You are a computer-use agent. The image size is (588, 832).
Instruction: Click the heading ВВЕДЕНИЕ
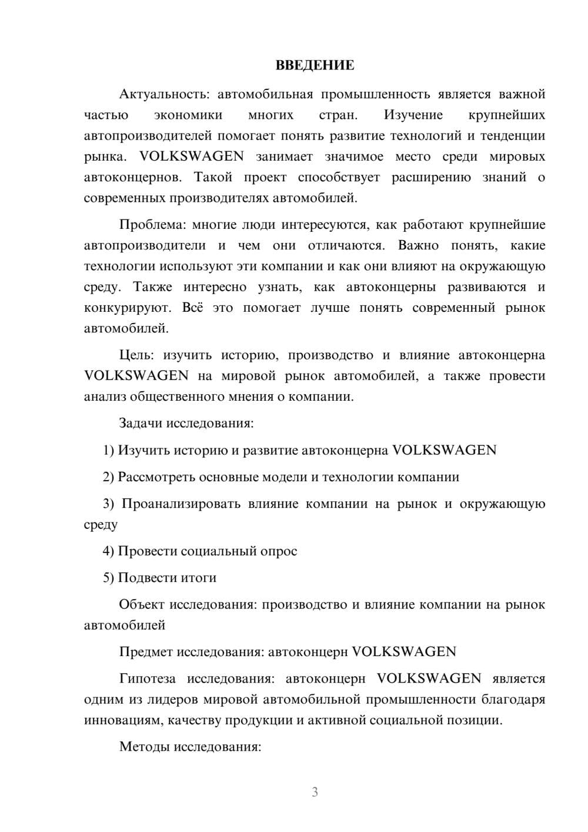click(x=315, y=65)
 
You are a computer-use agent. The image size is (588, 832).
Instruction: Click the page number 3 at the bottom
click(x=315, y=792)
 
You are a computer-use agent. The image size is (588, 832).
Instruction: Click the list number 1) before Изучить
click(x=109, y=450)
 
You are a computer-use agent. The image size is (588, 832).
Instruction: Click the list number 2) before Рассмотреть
click(x=109, y=477)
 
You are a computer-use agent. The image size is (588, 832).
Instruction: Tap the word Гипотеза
click(x=147, y=678)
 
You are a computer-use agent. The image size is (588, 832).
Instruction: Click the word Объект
click(x=142, y=605)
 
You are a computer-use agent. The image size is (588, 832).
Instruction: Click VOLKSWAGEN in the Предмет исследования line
click(x=404, y=652)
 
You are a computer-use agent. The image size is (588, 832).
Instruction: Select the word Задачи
click(x=141, y=424)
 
